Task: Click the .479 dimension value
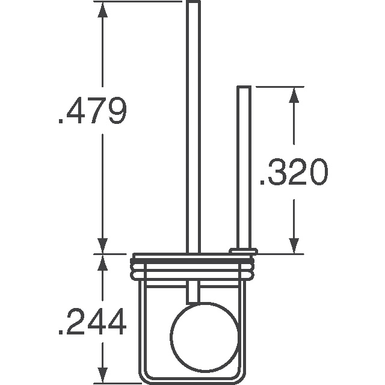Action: [x=91, y=112]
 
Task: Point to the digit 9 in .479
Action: [x=114, y=112]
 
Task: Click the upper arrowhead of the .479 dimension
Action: [x=103, y=8]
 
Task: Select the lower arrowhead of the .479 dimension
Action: [x=103, y=245]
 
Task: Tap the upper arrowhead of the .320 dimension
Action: [x=294, y=94]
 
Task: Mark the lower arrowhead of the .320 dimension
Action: [x=294, y=245]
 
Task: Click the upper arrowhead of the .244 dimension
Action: [x=103, y=261]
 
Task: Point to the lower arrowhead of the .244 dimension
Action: [x=103, y=376]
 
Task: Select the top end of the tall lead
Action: [x=192, y=4]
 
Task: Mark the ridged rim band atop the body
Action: [x=192, y=266]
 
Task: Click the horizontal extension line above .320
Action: [x=277, y=87]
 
